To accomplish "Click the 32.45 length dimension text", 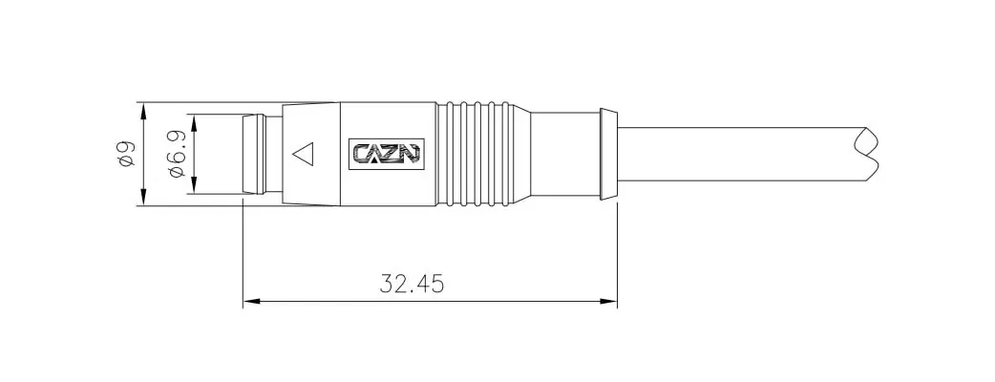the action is (412, 284).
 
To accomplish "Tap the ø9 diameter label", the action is (126, 154).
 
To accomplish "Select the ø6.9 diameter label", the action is (176, 154).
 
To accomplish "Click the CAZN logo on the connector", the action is (386, 154).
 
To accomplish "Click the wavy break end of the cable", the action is (867, 154).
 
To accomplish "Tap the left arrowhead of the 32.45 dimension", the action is (252, 302).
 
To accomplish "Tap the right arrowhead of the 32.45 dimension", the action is (608, 302).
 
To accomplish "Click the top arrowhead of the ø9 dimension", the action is (144, 111).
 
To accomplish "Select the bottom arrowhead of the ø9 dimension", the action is (144, 197).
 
